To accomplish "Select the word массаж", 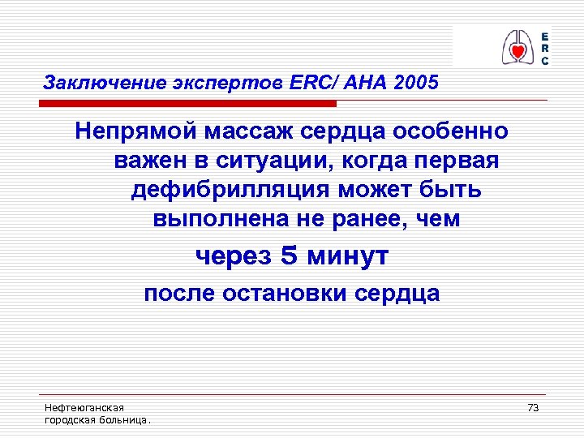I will pyautogui.click(x=248, y=131).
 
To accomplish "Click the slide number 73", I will pyautogui.click(x=533, y=407).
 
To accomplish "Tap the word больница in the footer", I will pyautogui.click(x=126, y=420).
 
